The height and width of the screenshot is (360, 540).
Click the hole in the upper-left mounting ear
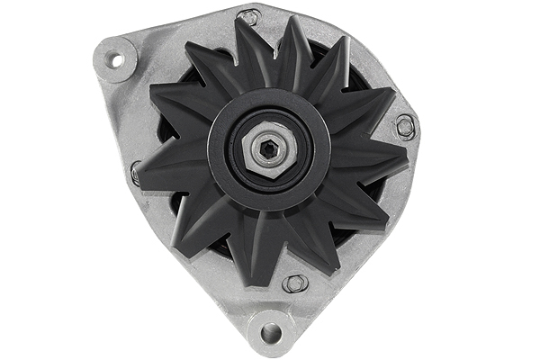[114, 59]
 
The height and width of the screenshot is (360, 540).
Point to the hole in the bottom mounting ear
[271, 334]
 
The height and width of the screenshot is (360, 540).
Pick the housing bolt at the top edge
[248, 17]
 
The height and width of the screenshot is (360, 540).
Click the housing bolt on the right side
[406, 126]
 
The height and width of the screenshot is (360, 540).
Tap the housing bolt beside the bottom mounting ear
[295, 284]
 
